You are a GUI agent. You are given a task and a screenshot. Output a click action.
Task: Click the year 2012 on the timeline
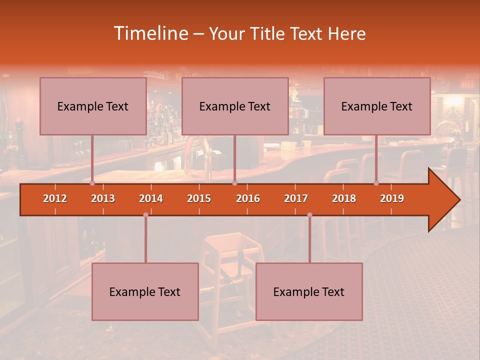pyautogui.click(x=55, y=198)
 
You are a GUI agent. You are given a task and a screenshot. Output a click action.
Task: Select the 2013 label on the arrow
pyautogui.click(x=103, y=198)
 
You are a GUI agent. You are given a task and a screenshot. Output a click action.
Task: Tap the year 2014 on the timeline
pyautogui.click(x=151, y=198)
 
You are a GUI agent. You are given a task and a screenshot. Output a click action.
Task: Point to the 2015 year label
pyautogui.click(x=199, y=198)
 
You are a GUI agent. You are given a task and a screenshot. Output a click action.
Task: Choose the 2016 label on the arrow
pyautogui.click(x=248, y=198)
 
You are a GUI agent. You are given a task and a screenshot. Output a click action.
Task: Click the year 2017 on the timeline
pyautogui.click(x=296, y=198)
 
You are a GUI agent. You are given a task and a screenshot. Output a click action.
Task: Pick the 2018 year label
pyautogui.click(x=344, y=198)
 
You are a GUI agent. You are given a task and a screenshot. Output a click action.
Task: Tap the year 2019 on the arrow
pyautogui.click(x=392, y=198)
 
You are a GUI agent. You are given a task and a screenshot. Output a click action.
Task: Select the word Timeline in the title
pyautogui.click(x=150, y=33)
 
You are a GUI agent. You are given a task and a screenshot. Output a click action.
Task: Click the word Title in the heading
pyautogui.click(x=268, y=34)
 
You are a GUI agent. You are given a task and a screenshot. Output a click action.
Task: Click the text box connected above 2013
pyautogui.click(x=93, y=106)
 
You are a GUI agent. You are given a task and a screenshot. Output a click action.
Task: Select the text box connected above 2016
pyautogui.click(x=235, y=106)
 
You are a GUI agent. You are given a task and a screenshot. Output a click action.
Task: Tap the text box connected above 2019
pyautogui.click(x=377, y=106)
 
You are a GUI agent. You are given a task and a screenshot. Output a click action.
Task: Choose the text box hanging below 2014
pyautogui.click(x=145, y=291)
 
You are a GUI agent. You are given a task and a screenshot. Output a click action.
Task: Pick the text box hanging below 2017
pyautogui.click(x=309, y=291)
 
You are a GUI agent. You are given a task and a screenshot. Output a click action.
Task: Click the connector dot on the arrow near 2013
pyautogui.click(x=92, y=183)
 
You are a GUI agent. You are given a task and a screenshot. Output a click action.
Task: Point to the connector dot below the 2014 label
pyautogui.click(x=145, y=215)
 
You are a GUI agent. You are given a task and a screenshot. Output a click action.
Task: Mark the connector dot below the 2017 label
pyautogui.click(x=309, y=215)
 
